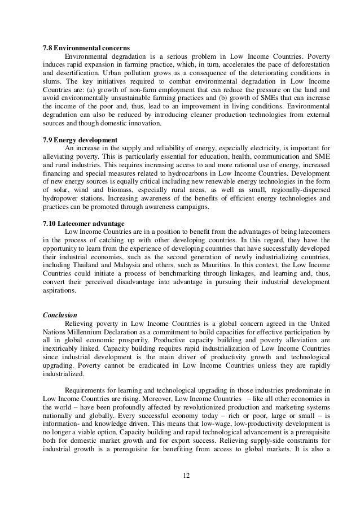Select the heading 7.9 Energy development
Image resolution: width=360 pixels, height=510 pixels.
coord(81,140)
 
